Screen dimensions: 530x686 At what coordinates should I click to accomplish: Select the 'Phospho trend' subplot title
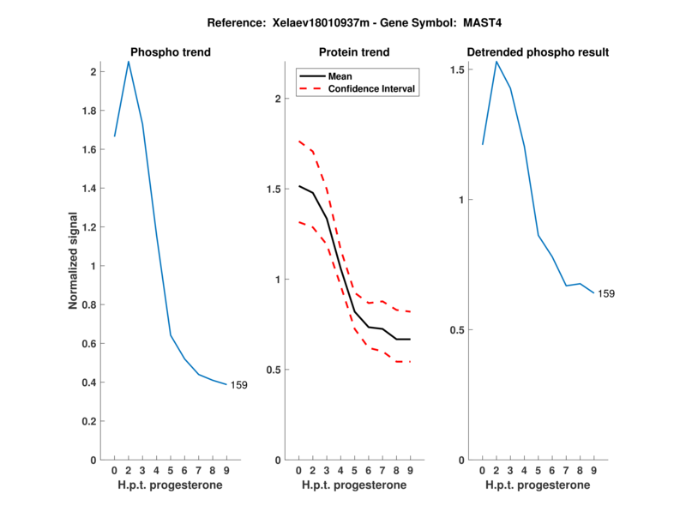170,52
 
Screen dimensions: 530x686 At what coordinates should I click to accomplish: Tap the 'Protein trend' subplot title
354,52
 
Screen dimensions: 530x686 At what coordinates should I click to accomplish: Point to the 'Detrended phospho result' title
538,52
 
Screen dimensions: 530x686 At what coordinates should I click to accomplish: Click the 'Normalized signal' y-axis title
74,261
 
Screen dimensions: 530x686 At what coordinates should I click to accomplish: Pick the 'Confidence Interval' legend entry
371,88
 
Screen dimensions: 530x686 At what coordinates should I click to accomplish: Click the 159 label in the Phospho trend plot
238,385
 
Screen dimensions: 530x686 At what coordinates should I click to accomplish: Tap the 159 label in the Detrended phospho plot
606,293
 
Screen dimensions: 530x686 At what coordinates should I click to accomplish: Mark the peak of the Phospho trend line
129,62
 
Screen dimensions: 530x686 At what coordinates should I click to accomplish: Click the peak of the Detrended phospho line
496,61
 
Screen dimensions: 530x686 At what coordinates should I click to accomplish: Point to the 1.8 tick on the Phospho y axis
88,111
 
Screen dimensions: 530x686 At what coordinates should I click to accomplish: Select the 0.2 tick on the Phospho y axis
88,421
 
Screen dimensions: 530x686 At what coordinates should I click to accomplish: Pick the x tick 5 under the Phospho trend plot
171,470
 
